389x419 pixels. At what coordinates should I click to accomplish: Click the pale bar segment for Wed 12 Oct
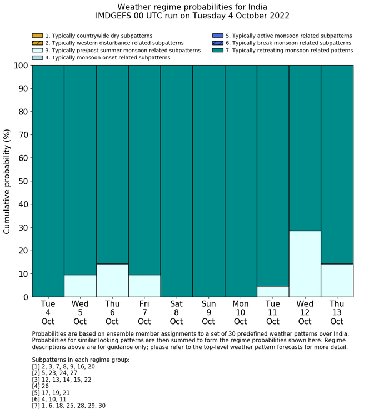point(305,264)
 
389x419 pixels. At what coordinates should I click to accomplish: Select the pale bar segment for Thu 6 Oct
point(112,280)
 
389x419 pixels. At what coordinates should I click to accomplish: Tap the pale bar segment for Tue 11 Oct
point(272,291)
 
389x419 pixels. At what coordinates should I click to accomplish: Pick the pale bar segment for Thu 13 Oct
point(337,280)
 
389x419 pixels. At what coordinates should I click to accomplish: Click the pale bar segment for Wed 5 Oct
point(80,286)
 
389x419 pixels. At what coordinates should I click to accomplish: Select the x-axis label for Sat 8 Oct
point(176,313)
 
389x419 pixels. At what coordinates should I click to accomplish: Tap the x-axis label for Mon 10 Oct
point(241,313)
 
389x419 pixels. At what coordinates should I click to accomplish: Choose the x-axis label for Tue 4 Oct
point(48,313)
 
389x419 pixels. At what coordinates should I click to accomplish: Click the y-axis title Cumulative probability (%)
point(7,181)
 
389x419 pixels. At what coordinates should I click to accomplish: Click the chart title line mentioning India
point(192,7)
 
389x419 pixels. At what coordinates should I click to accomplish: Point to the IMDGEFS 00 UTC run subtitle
point(192,16)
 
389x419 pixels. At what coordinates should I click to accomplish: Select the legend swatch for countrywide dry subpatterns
point(37,36)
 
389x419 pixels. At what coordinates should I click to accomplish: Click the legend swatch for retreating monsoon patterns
point(217,51)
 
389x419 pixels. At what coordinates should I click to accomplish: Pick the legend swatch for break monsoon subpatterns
point(217,43)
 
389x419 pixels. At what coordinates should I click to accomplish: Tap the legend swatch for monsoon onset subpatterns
point(37,58)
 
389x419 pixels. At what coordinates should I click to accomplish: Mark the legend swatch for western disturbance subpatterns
point(37,43)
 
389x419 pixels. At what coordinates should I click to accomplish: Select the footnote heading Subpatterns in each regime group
point(81,360)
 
